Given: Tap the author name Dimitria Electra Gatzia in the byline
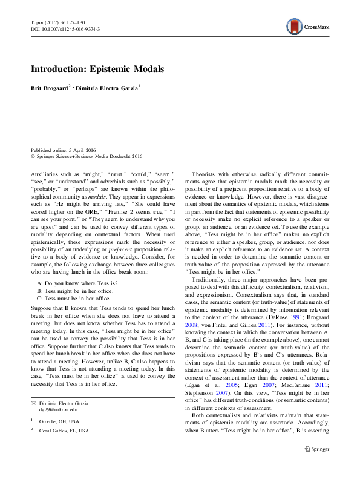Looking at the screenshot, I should click(110, 88).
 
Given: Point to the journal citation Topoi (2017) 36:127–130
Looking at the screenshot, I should click(57, 22).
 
